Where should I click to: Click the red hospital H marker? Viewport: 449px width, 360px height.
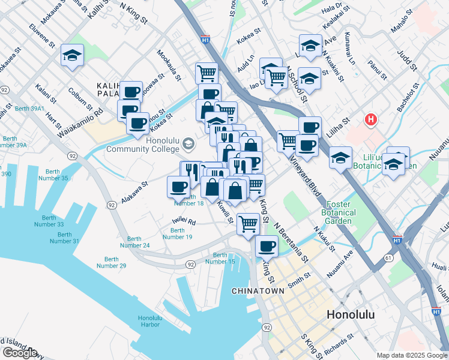point(372,120)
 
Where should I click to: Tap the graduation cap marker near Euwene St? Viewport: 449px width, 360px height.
point(72,56)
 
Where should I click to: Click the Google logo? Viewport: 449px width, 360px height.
point(20,352)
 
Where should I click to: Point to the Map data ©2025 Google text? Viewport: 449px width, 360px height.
point(411,355)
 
